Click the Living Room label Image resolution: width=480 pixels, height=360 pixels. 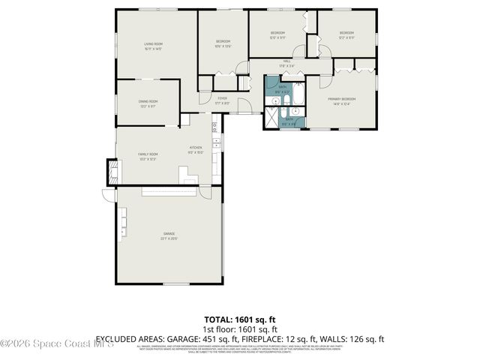[154, 45]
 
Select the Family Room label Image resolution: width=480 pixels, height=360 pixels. [146, 155]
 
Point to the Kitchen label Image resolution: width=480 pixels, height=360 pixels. [196, 148]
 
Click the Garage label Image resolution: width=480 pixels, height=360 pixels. [169, 235]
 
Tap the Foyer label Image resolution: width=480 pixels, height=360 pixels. [223, 99]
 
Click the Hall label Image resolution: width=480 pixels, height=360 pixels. [286, 62]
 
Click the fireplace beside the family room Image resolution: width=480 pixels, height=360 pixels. [112, 172]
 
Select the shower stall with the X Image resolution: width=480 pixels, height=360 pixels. [271, 116]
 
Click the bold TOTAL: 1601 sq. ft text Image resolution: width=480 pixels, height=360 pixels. [240, 319]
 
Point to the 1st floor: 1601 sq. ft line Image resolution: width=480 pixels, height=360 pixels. [240, 328]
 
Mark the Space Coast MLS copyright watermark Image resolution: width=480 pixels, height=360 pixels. [57, 344]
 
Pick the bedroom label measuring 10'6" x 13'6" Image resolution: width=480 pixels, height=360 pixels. [223, 43]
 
